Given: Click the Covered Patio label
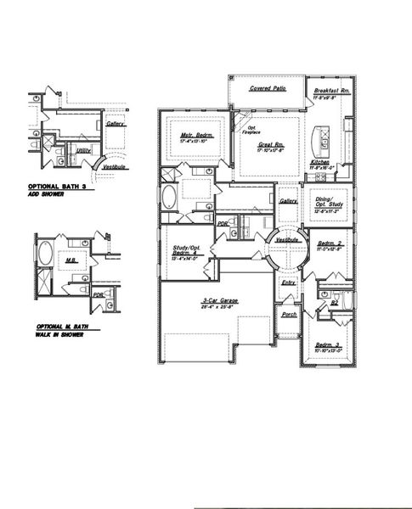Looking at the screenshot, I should coord(267,87).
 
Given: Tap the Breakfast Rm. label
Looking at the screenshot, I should coord(331,91).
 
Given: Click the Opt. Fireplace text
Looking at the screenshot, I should coord(251,131).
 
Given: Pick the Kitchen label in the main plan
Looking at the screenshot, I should coord(319,161).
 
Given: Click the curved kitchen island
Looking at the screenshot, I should coord(323,135).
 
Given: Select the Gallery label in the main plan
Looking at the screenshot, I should coord(288,201).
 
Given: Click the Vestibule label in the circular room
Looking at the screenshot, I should coord(286,240).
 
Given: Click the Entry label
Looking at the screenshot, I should coord(288,282).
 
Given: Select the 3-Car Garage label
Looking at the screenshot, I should coord(220,301).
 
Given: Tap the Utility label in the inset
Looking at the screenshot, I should coord(82,151).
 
